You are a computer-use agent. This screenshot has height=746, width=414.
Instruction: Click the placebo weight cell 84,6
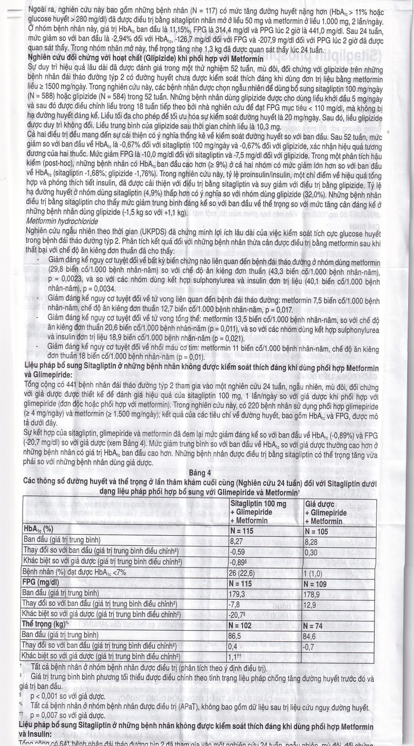pyautogui.click(x=312, y=636)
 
